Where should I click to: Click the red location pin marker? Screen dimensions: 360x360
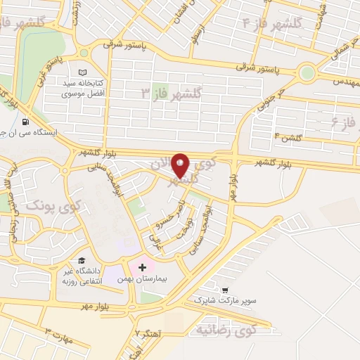(x=181, y=165)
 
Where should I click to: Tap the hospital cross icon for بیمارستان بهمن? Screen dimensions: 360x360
(x=143, y=267)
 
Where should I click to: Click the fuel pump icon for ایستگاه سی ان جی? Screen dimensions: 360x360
(x=25, y=120)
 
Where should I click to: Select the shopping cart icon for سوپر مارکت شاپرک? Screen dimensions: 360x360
(x=225, y=290)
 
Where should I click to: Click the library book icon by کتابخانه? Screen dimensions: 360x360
(x=83, y=72)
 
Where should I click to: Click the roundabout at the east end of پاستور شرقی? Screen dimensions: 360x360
(x=307, y=72)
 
